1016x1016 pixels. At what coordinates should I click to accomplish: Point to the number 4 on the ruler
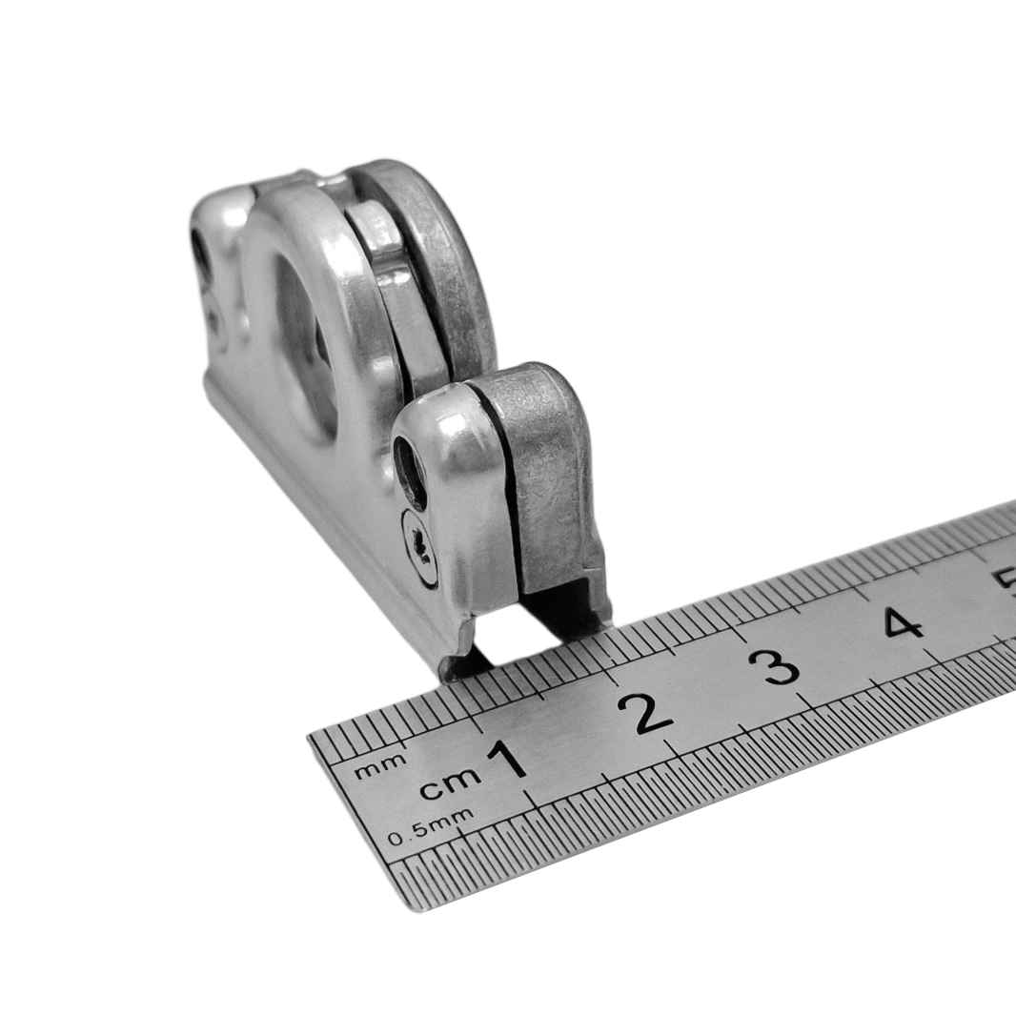pos(903,622)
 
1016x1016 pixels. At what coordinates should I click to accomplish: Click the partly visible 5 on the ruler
pos(1007,582)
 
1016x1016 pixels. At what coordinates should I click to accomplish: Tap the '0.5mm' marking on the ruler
pos(430,827)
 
